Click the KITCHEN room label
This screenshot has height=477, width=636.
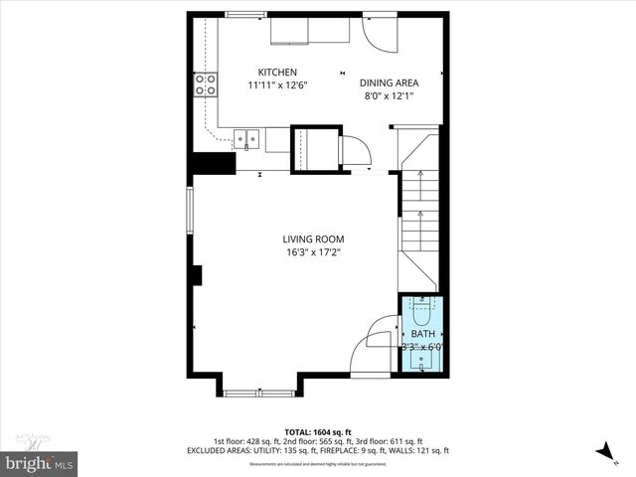click(x=277, y=73)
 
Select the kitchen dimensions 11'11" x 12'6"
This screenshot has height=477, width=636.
click(x=277, y=85)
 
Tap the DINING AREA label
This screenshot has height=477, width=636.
click(x=389, y=83)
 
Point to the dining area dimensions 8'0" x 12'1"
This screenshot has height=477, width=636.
click(x=389, y=96)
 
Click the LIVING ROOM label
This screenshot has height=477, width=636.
click(x=313, y=238)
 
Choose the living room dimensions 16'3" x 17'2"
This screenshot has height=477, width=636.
click(x=313, y=251)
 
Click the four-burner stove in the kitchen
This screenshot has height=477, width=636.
click(x=206, y=84)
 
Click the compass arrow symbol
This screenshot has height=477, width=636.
click(x=603, y=451)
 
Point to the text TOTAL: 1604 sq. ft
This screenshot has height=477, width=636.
click(x=317, y=432)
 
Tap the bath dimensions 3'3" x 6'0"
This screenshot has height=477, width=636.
click(x=421, y=348)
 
